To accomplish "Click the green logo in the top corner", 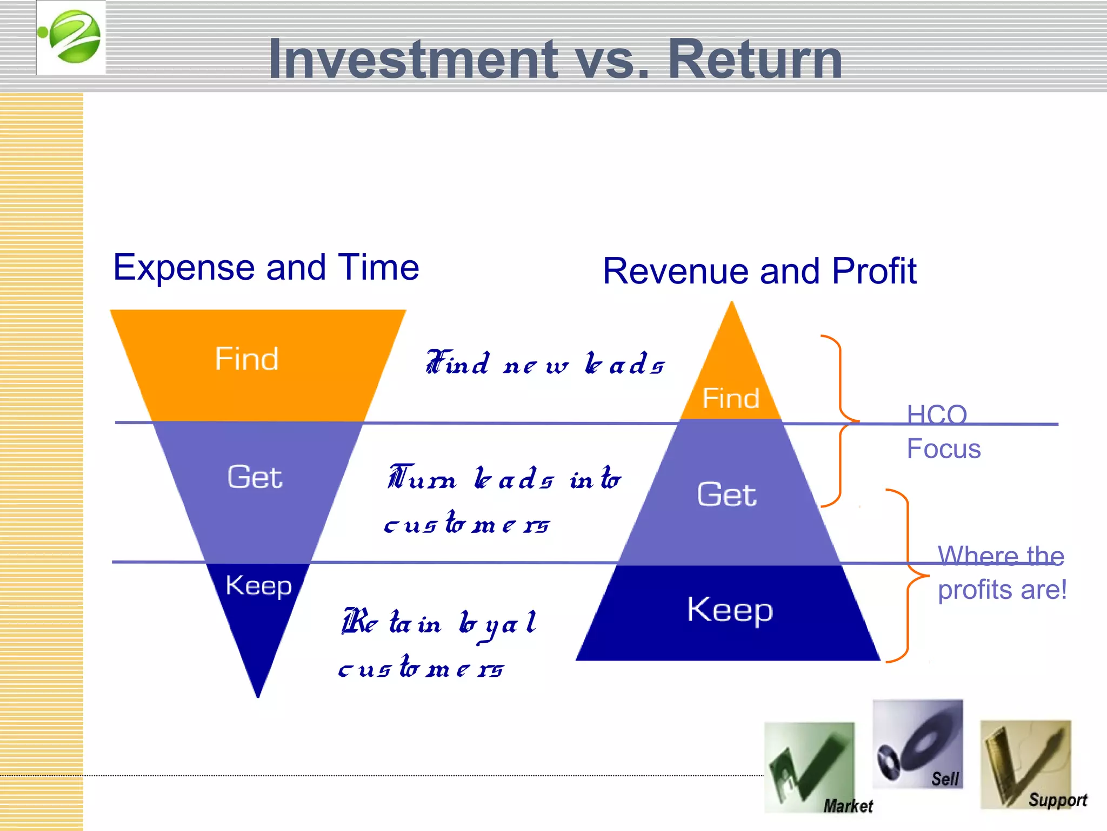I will (71, 37).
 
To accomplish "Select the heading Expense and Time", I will (266, 267).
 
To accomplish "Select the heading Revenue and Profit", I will (759, 271).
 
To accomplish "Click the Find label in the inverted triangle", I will (247, 359).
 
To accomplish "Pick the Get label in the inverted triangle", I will (255, 477).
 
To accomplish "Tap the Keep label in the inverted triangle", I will (258, 586).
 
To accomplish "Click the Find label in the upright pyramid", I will (730, 399).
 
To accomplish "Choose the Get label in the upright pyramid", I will (726, 494).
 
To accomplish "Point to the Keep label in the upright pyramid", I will (730, 610).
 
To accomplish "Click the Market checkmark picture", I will (809, 767).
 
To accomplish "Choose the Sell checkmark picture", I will (918, 744).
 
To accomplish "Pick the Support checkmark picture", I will (1025, 764).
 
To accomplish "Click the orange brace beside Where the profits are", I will (908, 576).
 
